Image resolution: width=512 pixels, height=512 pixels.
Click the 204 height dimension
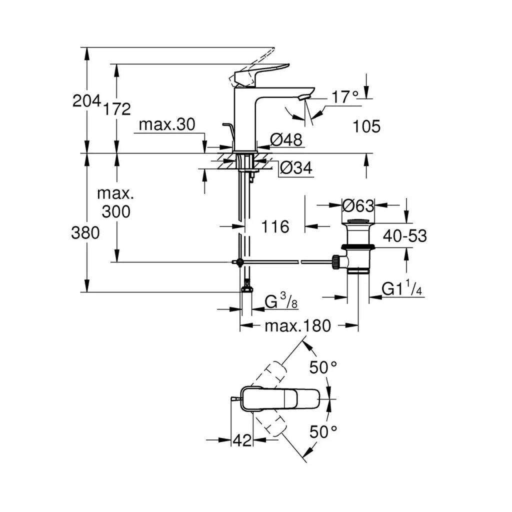[87, 101]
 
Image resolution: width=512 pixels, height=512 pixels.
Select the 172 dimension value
[118, 108]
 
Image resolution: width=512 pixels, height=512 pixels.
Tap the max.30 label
[166, 125]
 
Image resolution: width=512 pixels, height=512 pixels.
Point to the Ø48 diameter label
[286, 140]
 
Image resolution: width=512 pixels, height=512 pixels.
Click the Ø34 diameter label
[296, 168]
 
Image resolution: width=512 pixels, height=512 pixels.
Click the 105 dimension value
[366, 126]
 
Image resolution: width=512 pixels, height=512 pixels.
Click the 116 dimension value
[275, 227]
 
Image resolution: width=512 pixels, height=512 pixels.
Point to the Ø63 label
[358, 205]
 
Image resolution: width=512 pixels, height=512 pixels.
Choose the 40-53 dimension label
[405, 235]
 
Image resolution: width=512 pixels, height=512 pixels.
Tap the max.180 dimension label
[297, 326]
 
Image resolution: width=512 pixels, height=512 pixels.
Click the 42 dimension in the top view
[242, 440]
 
